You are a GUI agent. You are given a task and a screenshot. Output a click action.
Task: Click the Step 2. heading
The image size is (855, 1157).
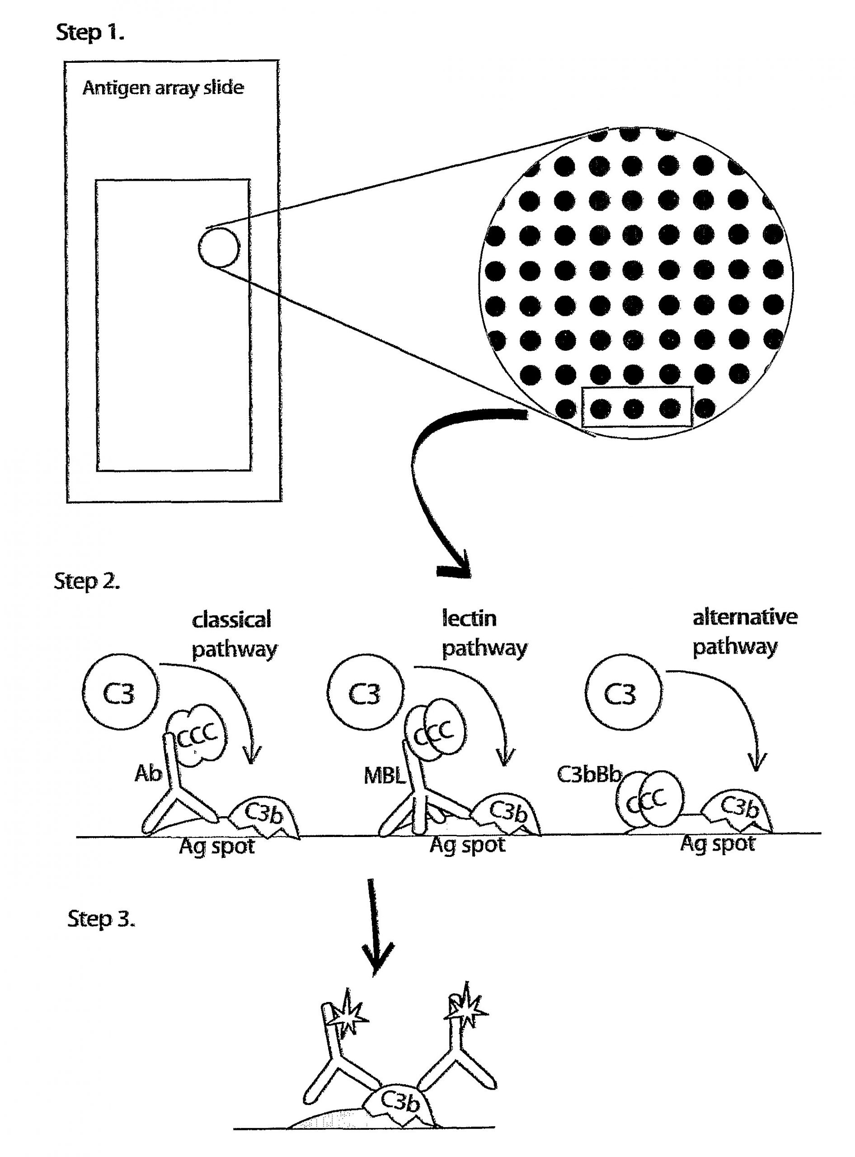[x=87, y=581]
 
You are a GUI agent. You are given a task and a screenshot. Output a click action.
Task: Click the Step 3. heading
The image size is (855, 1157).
[x=101, y=919]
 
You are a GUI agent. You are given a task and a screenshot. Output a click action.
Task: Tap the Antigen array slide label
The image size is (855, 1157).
[x=163, y=88]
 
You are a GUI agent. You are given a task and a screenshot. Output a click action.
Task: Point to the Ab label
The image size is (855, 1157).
[x=148, y=773]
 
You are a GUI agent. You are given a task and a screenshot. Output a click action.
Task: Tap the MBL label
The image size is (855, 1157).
[x=385, y=776]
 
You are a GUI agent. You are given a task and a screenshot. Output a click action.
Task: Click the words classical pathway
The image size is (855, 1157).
[x=234, y=634]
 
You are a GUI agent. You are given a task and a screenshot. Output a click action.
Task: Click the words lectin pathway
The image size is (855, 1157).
[x=484, y=633]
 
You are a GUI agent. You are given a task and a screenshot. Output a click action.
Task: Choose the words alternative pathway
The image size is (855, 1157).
[x=744, y=631]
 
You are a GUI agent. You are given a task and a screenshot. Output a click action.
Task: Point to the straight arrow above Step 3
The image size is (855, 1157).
[x=375, y=927]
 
